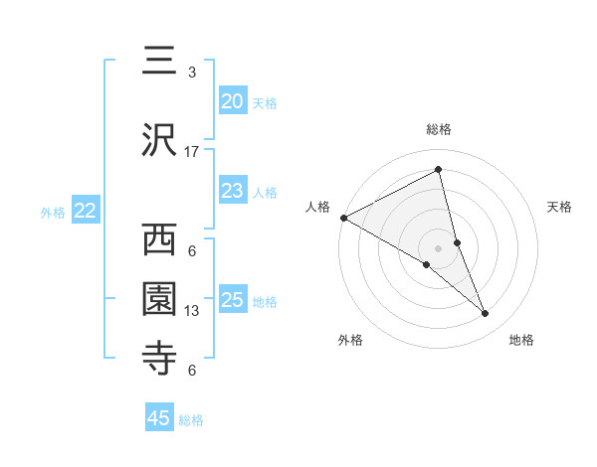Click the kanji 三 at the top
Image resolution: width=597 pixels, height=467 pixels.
tap(160, 62)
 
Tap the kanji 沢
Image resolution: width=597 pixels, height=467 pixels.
tap(160, 139)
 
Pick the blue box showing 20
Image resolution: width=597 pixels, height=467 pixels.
tap(232, 101)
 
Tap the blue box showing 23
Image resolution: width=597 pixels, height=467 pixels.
tap(232, 191)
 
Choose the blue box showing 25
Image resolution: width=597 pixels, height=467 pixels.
tap(232, 300)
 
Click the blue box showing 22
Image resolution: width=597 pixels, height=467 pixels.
tap(85, 211)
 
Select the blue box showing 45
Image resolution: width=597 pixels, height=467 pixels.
tap(159, 418)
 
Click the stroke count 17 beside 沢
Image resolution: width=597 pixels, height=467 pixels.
tap(192, 152)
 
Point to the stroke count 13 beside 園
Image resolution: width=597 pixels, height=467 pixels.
tap(192, 311)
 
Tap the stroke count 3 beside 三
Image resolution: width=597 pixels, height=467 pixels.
tap(192, 73)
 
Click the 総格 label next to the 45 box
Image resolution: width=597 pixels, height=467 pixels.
tap(191, 420)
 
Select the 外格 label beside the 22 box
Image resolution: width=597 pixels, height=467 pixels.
tap(53, 212)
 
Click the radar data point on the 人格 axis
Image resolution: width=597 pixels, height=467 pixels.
tap(343, 218)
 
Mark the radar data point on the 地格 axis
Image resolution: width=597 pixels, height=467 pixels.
tap(486, 314)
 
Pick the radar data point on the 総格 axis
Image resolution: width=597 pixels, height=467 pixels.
tap(439, 171)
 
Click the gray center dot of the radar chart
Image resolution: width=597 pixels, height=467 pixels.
tap(439, 246)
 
